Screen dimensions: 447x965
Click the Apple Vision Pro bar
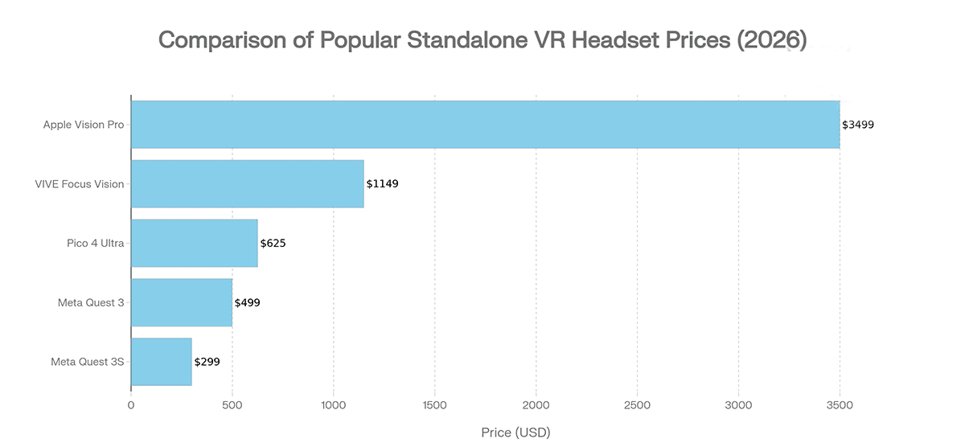click(x=485, y=125)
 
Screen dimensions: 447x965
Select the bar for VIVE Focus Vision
click(x=247, y=184)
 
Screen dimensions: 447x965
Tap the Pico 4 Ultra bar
click(x=194, y=243)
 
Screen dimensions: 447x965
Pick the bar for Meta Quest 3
click(x=181, y=302)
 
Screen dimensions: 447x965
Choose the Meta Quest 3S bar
click(x=161, y=362)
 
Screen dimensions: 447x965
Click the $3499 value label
click(x=858, y=125)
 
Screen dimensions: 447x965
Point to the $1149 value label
click(x=382, y=184)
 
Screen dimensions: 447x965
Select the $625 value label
click(x=273, y=243)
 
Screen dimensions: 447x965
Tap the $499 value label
click(x=247, y=302)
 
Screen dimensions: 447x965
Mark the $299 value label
click(x=207, y=362)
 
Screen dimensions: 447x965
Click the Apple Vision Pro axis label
click(x=84, y=125)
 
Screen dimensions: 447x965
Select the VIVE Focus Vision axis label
click(x=80, y=184)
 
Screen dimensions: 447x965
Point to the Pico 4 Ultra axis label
click(x=96, y=243)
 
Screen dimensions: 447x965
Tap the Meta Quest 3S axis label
click(x=88, y=362)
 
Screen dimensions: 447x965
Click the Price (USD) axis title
click(x=515, y=433)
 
